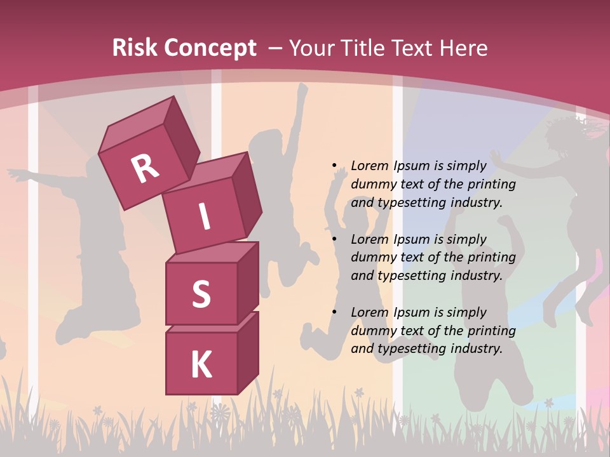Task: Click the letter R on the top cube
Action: pos(145,168)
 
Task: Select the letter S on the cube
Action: pos(201,294)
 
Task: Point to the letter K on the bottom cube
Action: pos(201,365)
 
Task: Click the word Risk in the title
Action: pos(135,48)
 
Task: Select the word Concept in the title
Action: pos(210,48)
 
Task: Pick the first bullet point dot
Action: pos(334,166)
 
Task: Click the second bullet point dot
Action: pos(334,239)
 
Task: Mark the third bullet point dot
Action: pos(334,312)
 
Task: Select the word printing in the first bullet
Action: pos(492,184)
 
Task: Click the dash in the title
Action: pos(276,48)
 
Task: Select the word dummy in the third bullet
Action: pos(372,331)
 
